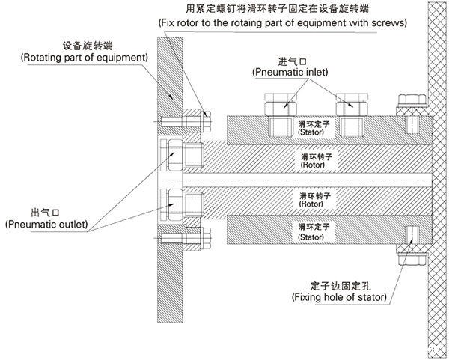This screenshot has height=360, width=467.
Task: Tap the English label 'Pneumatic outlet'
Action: click(46, 224)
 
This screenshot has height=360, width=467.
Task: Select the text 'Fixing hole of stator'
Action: click(339, 297)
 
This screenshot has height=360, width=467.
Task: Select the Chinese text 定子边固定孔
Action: click(339, 286)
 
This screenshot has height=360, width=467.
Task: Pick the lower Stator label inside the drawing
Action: click(310, 231)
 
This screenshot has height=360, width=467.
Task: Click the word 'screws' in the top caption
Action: click(391, 23)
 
